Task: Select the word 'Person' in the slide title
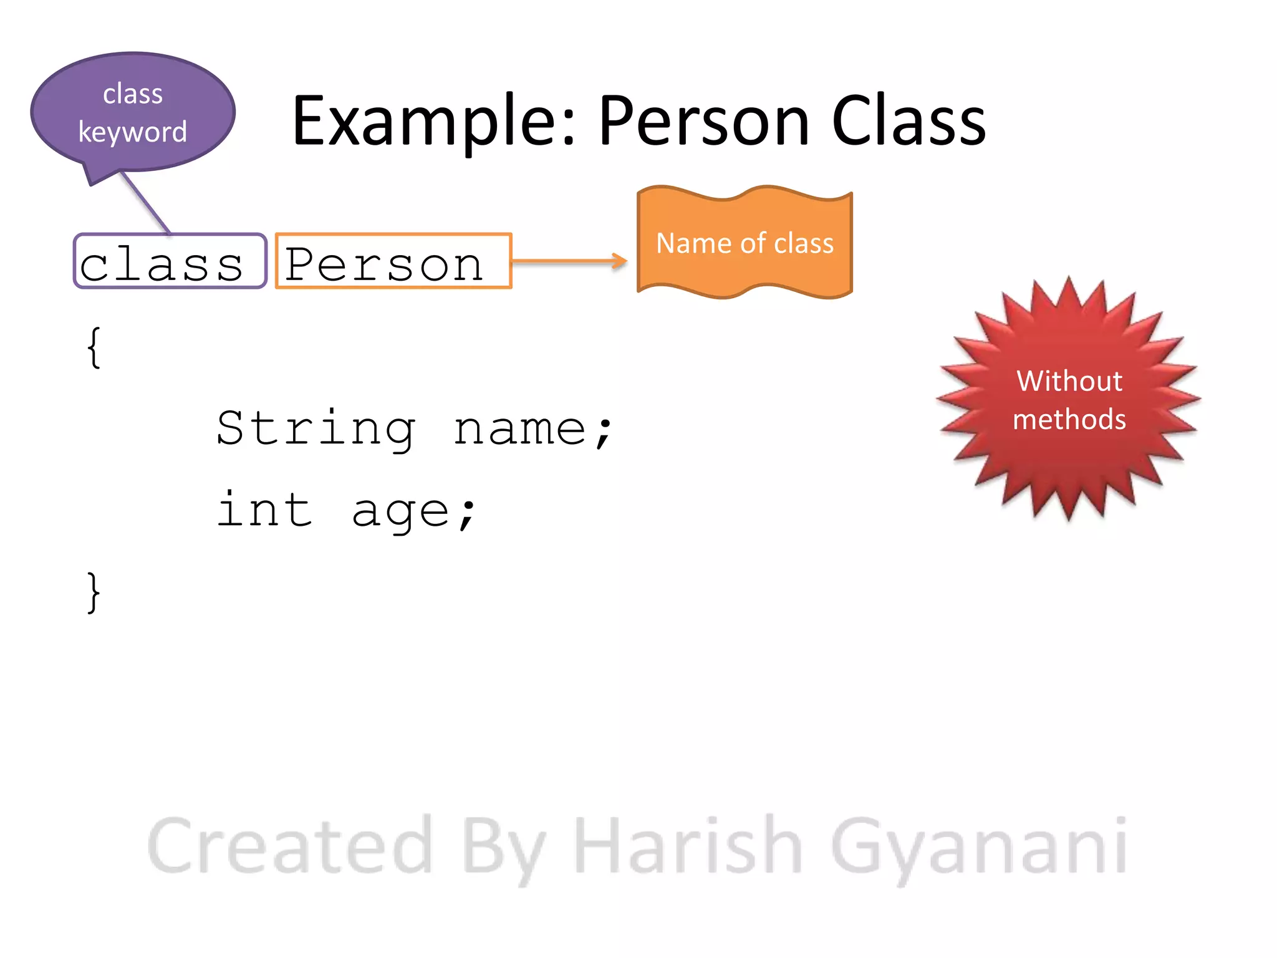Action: [x=705, y=122]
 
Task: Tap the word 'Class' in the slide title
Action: [x=908, y=122]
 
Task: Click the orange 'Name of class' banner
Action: [x=745, y=243]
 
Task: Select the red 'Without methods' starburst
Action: [x=1069, y=399]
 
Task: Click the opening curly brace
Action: [x=94, y=347]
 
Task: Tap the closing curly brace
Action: [x=94, y=593]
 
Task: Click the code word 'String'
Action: [x=316, y=429]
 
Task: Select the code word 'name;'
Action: [x=533, y=429]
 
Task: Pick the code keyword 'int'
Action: [x=264, y=510]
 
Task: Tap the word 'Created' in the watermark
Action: [x=291, y=846]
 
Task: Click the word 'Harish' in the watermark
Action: [x=688, y=846]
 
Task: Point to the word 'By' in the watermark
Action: [x=504, y=848]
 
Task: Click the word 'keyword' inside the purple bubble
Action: [x=132, y=132]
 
